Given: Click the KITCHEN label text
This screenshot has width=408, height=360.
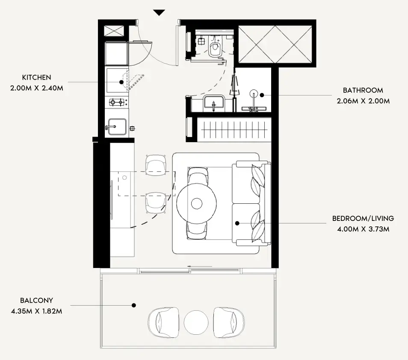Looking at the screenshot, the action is [x=36, y=77].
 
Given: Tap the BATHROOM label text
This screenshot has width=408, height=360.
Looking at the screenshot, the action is [x=363, y=90].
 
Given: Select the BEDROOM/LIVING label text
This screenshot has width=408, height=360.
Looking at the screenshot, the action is [x=363, y=218].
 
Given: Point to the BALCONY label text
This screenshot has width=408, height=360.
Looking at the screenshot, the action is [x=36, y=300].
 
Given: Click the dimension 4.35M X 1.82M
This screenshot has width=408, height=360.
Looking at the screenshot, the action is [x=36, y=311].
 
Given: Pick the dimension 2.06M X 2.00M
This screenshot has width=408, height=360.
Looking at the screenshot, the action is [x=363, y=101].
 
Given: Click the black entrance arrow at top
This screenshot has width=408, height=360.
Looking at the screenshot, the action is [x=159, y=13].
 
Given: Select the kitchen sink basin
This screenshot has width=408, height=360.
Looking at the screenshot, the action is [x=117, y=127].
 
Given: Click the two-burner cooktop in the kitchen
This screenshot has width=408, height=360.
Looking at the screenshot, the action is [x=116, y=102].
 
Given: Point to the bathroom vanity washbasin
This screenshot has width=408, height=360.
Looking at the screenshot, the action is [x=214, y=104].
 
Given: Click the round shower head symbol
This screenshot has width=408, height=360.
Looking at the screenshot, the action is [x=254, y=93].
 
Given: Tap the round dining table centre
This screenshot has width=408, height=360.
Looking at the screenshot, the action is [x=196, y=203].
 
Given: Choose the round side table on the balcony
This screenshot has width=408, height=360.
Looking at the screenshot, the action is [x=196, y=322].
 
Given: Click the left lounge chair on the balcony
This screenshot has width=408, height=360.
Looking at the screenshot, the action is [x=163, y=322].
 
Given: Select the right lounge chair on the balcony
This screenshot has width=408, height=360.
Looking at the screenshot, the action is [x=229, y=322].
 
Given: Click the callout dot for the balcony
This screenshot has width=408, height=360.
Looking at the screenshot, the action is [x=134, y=305].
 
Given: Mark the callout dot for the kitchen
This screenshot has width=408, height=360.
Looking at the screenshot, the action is [x=121, y=82].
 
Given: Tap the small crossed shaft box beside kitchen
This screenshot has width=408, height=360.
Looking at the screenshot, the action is [x=114, y=31].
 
